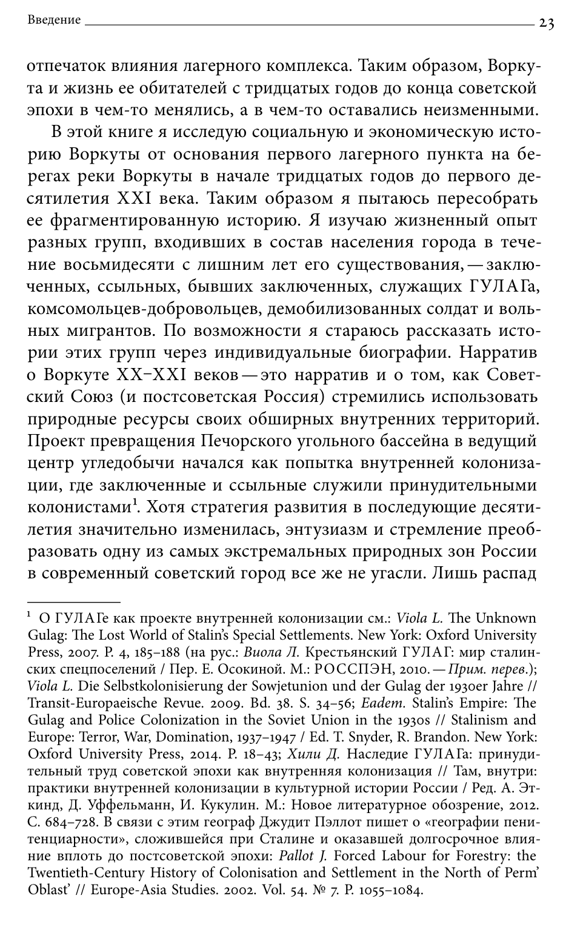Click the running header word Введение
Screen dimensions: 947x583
pos(54,21)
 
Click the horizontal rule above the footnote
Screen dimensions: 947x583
pos(74,601)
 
